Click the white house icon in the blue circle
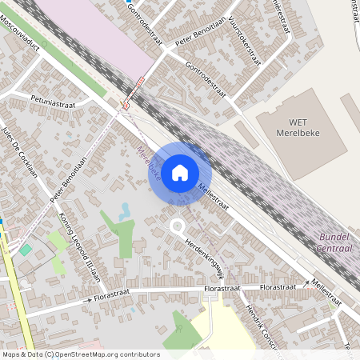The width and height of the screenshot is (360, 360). click(180, 172)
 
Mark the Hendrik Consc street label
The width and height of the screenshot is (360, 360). click(258, 324)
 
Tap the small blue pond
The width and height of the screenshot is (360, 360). click(125, 211)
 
